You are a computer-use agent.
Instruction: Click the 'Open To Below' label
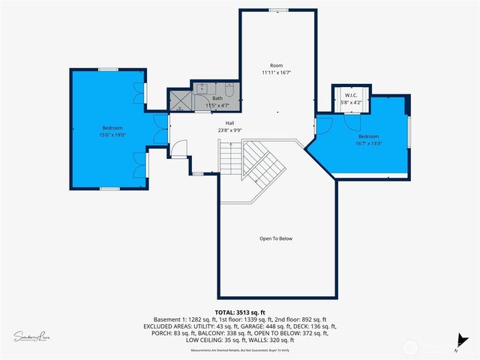(275, 238)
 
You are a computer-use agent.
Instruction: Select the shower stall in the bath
(181, 101)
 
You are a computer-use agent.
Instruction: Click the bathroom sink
(202, 88)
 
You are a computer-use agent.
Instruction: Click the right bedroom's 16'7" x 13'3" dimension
(368, 143)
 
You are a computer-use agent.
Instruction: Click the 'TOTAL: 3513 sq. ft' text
(240, 312)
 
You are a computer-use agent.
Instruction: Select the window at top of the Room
(278, 10)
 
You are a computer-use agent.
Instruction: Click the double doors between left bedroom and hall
(159, 129)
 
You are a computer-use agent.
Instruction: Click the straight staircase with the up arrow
(230, 159)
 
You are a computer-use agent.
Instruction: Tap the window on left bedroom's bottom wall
(109, 188)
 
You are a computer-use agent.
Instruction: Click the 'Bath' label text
(217, 98)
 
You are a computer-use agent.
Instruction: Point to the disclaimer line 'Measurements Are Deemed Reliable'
(240, 350)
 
